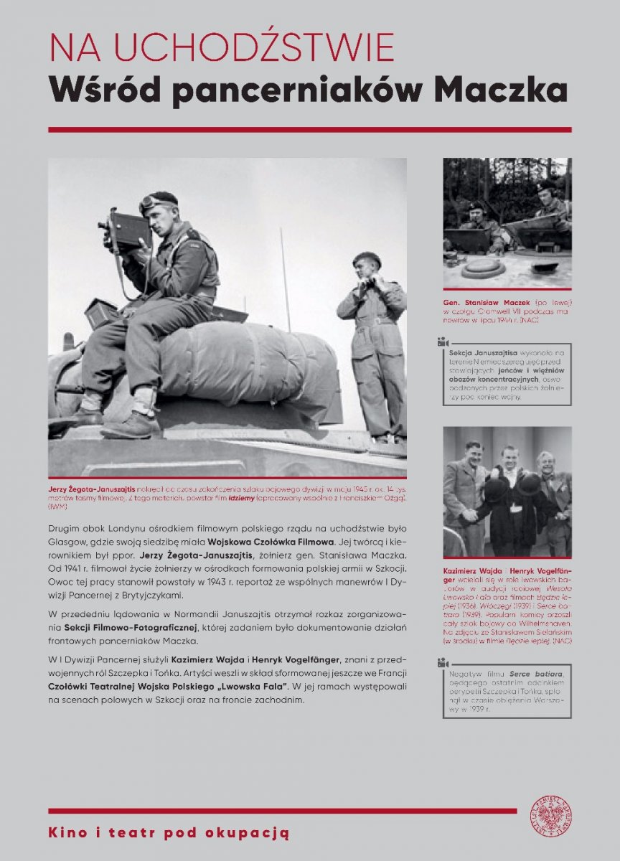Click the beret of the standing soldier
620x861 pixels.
click(x=367, y=258)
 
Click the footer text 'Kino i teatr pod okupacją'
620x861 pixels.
click(x=169, y=833)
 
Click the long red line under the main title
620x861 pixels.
click(x=309, y=130)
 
